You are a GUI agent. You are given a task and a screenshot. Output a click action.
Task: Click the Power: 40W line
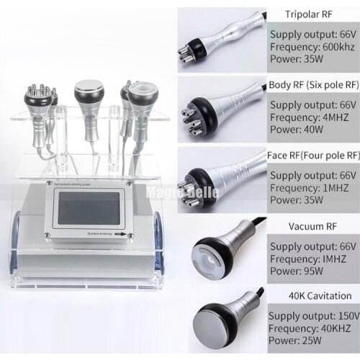point(294,131)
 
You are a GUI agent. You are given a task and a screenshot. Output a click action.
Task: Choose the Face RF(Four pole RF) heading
point(313,155)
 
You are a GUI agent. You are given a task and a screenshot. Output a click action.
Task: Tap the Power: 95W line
point(294,272)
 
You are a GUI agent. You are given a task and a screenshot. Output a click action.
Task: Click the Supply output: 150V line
point(311,316)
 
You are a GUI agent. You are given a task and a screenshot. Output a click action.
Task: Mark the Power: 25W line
point(294,343)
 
